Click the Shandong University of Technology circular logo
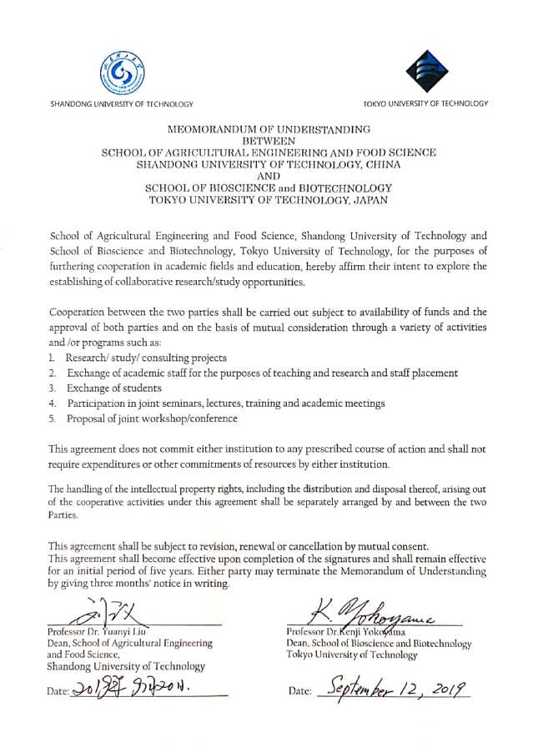point(122,72)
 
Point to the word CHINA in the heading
point(379,166)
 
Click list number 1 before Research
point(53,358)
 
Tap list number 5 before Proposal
point(53,419)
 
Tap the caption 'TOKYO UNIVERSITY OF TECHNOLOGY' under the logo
point(425,103)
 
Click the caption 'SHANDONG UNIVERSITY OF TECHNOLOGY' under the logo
point(122,103)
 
